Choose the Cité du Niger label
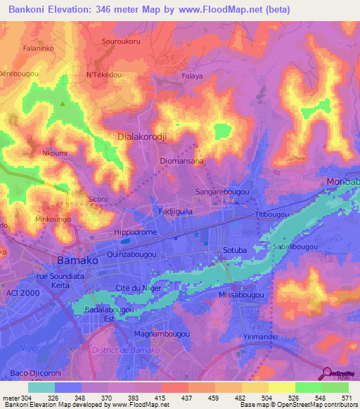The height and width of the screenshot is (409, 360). [139, 288]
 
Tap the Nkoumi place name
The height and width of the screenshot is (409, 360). [55, 152]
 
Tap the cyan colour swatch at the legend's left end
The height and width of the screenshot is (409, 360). [41, 387]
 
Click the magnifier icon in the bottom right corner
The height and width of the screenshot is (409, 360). [327, 373]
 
